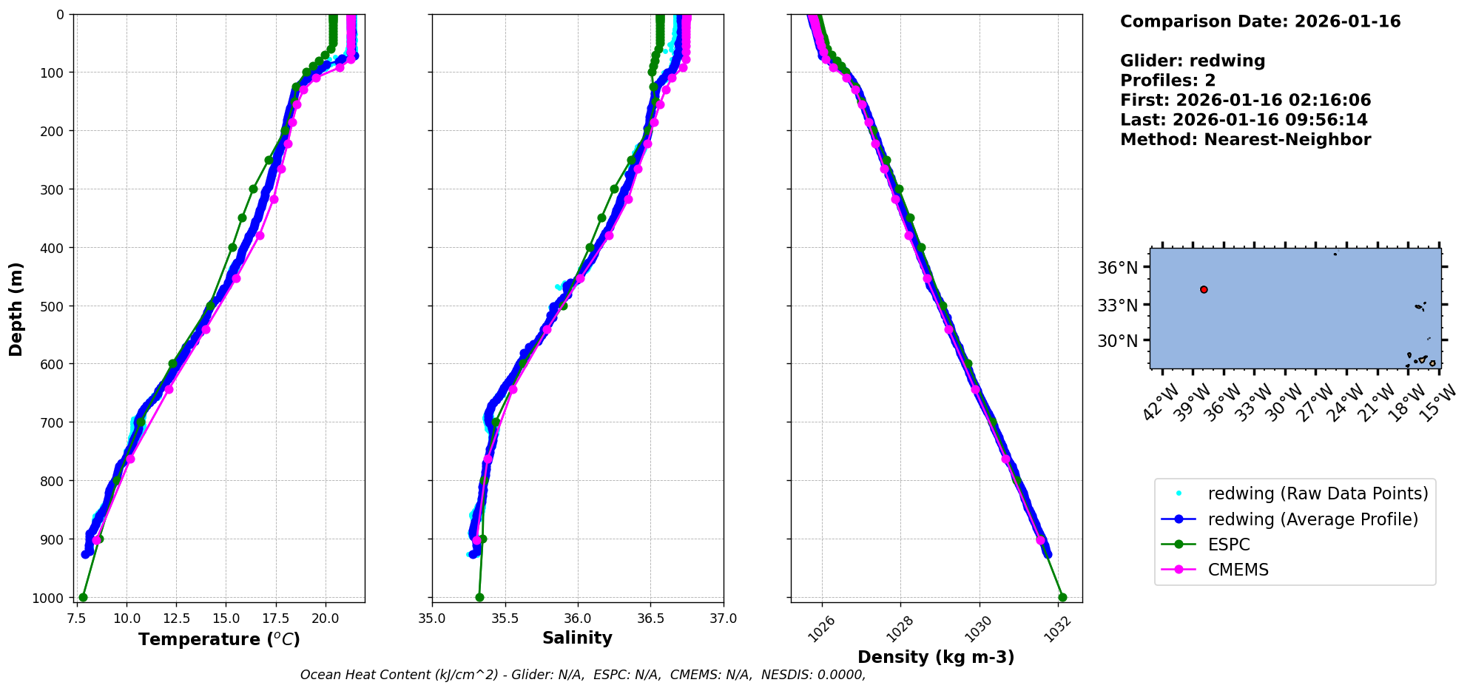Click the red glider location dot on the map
click(1204, 290)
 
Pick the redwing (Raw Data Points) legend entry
click(1318, 493)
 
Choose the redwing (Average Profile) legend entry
click(1312, 519)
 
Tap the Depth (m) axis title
click(16, 309)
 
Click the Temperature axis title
click(219, 639)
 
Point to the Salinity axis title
click(577, 638)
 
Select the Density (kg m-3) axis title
click(936, 657)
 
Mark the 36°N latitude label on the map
click(1117, 268)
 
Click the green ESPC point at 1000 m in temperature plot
click(83, 597)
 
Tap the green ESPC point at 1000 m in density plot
click(1062, 597)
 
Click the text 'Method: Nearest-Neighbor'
click(1245, 140)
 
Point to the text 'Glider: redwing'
click(1193, 61)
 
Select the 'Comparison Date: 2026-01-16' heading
click(1260, 21)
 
